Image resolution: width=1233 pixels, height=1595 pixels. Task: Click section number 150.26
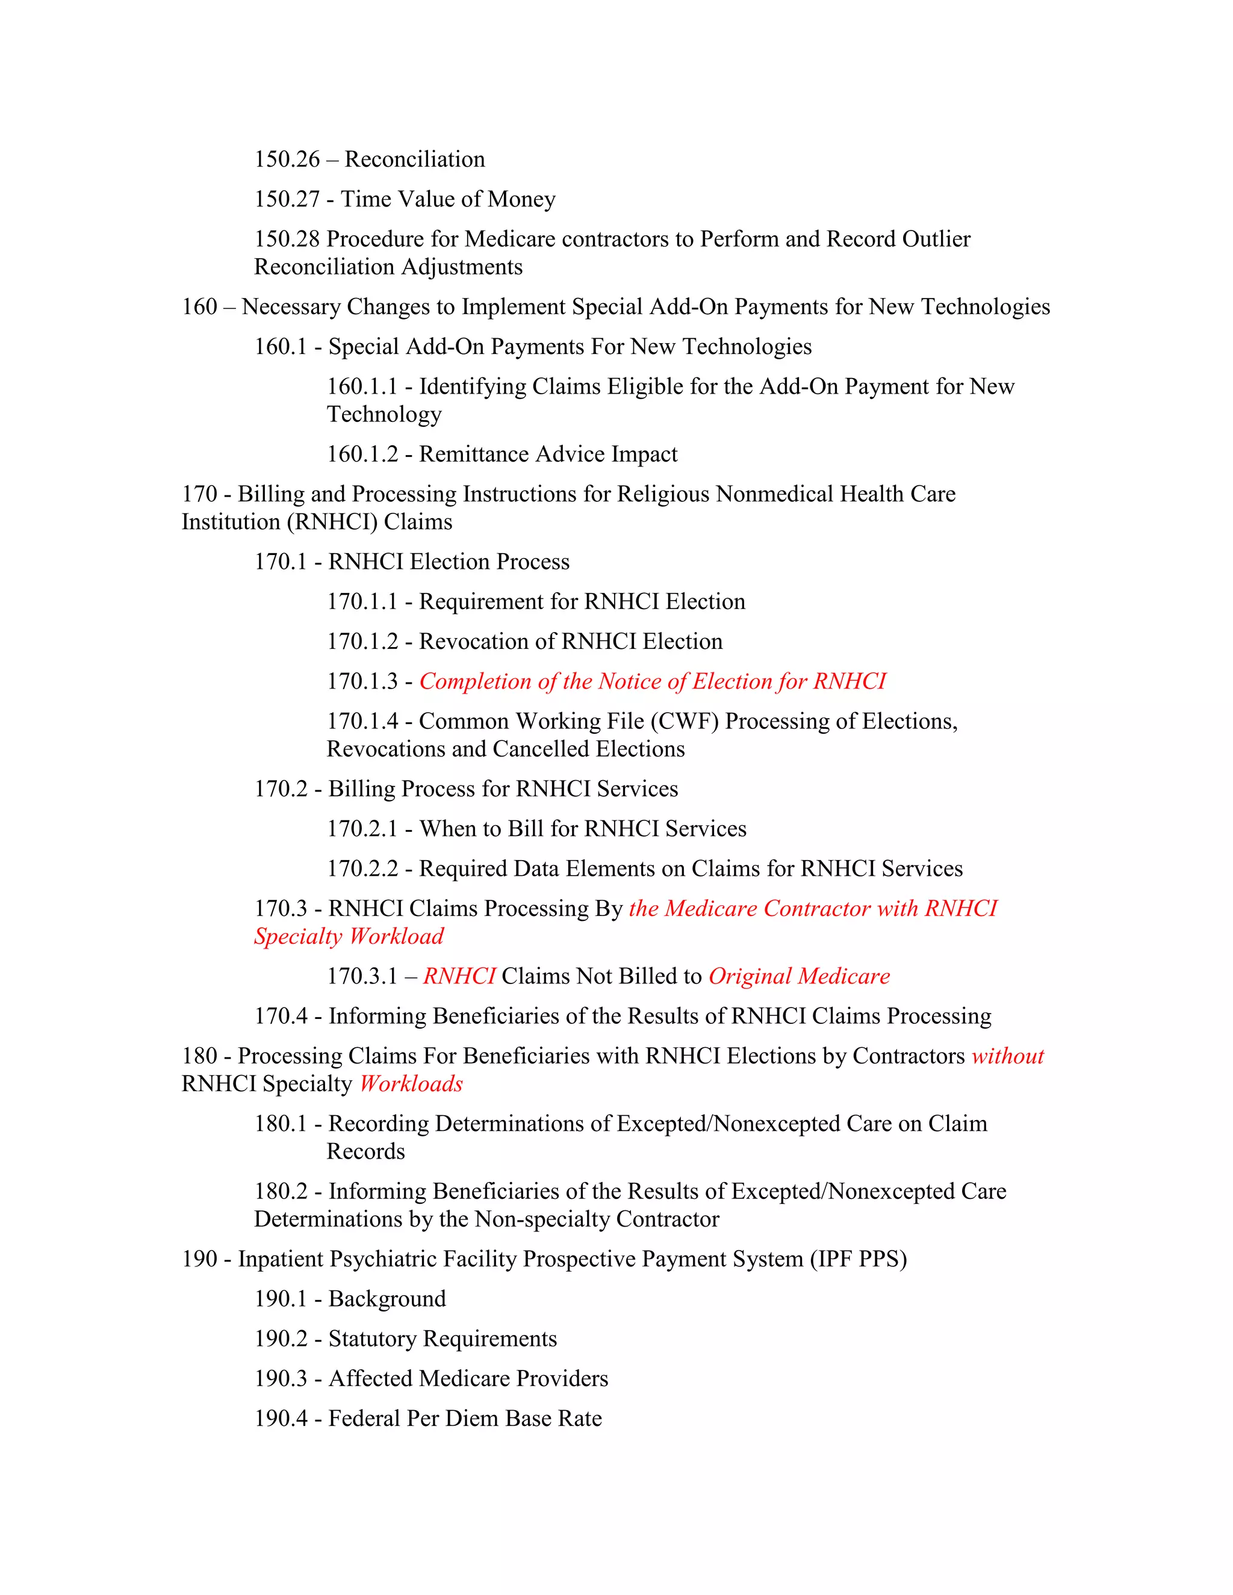click(x=287, y=159)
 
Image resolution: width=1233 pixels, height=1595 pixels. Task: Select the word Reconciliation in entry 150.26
click(x=414, y=159)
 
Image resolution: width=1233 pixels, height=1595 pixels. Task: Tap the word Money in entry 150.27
click(x=521, y=199)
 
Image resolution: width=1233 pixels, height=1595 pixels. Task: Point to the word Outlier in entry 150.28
click(x=936, y=239)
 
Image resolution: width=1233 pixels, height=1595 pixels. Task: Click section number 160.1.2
click(x=362, y=454)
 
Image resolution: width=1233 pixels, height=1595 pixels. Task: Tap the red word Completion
click(x=475, y=681)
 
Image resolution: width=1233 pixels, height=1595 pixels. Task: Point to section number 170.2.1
click(x=362, y=829)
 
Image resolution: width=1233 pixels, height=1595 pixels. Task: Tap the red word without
click(x=1007, y=1056)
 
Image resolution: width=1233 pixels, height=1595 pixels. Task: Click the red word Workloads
click(x=411, y=1084)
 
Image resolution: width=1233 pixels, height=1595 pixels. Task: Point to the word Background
click(x=387, y=1299)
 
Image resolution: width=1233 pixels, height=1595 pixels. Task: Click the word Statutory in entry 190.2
click(x=373, y=1339)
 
